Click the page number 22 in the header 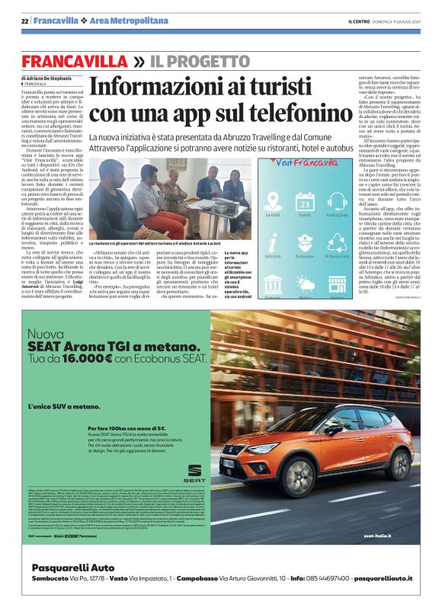pos(25,20)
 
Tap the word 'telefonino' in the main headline pos(289,113)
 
